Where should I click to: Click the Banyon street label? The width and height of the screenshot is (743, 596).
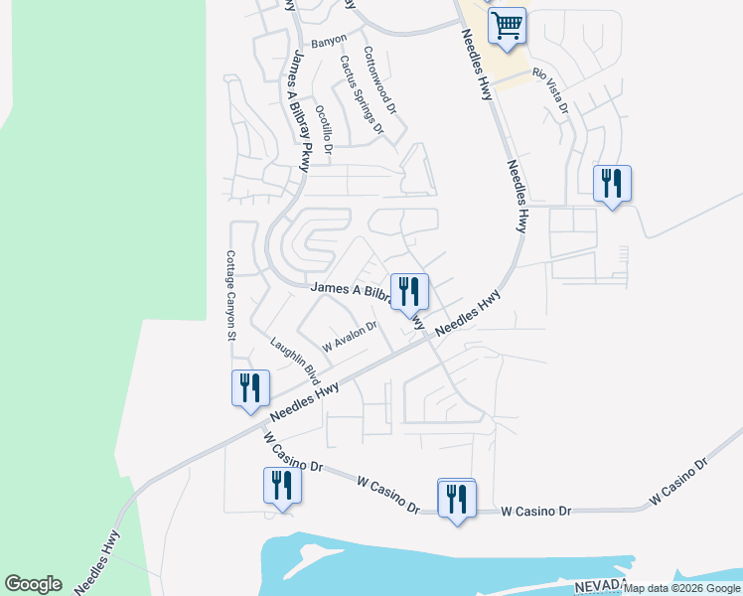pyautogui.click(x=329, y=41)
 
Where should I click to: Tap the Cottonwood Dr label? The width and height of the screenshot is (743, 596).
pyautogui.click(x=380, y=80)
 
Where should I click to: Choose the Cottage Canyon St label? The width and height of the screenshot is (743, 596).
pyautogui.click(x=230, y=295)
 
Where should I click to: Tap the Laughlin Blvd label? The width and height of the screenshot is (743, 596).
pyautogui.click(x=295, y=361)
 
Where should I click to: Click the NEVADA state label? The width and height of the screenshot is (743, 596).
pyautogui.click(x=599, y=583)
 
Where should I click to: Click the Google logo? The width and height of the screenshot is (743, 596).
pyautogui.click(x=33, y=584)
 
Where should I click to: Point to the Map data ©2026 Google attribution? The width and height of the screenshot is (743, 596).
pyautogui.click(x=682, y=589)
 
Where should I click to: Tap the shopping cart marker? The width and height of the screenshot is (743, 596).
pyautogui.click(x=507, y=26)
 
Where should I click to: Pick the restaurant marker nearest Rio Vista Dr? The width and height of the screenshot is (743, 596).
pyautogui.click(x=612, y=184)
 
